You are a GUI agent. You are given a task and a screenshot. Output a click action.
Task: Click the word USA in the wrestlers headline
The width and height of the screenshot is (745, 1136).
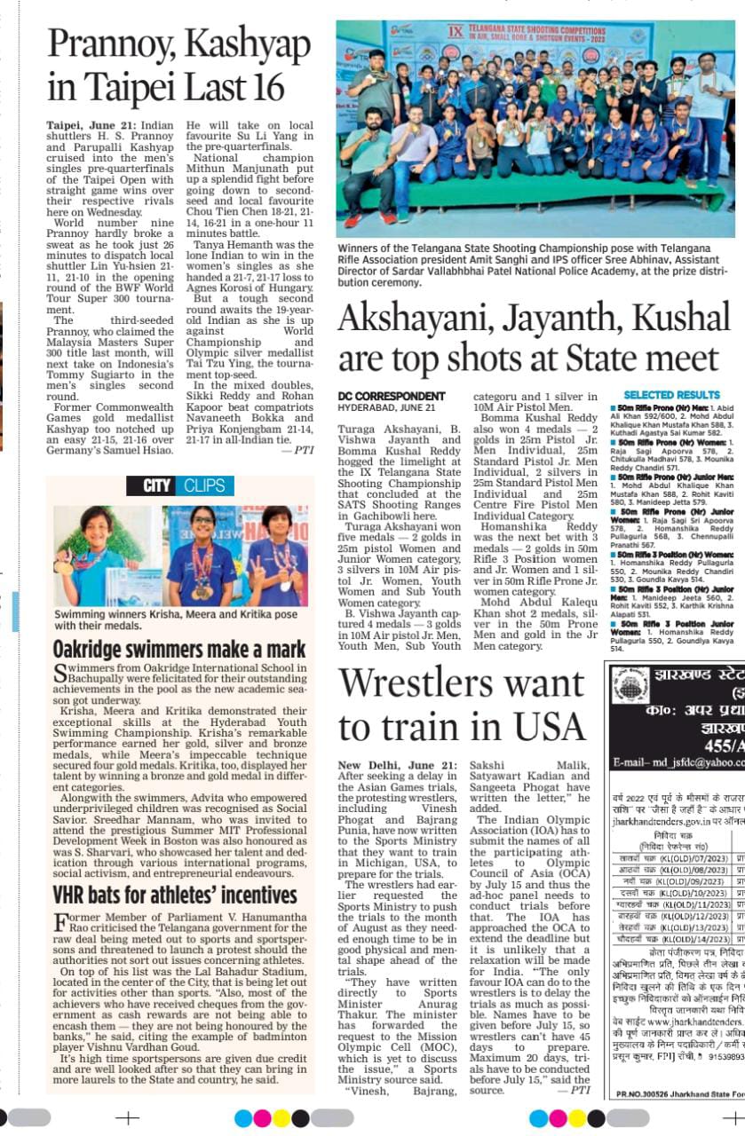point(538,727)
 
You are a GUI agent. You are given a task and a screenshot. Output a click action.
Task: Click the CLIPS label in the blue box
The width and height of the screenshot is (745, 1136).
point(204,485)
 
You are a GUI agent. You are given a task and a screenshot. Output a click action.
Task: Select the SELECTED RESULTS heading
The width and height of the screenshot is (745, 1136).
point(671,394)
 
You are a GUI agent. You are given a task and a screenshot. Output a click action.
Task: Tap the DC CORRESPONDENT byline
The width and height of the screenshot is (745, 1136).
point(392,396)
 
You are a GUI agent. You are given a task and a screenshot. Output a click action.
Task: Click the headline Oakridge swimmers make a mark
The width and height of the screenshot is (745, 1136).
point(179,650)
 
